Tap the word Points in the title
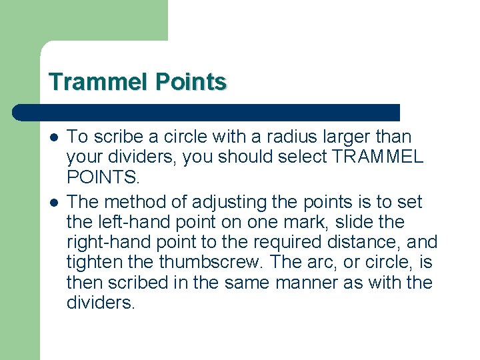tap(191, 82)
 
